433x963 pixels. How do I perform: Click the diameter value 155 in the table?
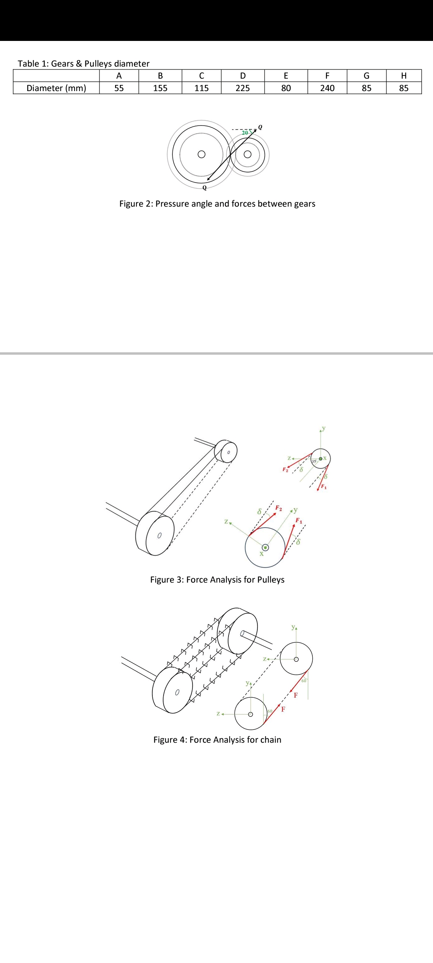[x=160, y=88]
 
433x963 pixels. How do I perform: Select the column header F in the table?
[x=327, y=75]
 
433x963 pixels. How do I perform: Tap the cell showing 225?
[x=243, y=88]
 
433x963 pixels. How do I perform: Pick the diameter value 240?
[x=327, y=88]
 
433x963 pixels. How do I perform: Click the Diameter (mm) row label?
[x=56, y=88]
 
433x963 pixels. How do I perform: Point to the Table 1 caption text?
[x=83, y=63]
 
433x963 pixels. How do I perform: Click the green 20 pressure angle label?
[x=245, y=132]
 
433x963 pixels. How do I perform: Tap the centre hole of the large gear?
[x=201, y=154]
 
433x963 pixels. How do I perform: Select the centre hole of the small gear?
[x=248, y=154]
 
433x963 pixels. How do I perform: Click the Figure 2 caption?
[x=217, y=204]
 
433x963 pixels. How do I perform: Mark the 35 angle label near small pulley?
[x=314, y=461]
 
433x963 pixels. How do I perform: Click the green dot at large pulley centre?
[x=265, y=547]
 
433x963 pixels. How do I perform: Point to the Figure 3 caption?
[x=217, y=580]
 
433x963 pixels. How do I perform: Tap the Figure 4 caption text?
[x=217, y=740]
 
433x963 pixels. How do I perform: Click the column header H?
[x=404, y=75]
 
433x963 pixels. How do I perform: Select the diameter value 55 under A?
[x=119, y=88]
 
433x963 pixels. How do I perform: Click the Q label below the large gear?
[x=204, y=187]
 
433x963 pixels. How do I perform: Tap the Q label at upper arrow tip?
[x=260, y=127]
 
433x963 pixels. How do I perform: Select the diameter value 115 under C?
[x=201, y=88]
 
